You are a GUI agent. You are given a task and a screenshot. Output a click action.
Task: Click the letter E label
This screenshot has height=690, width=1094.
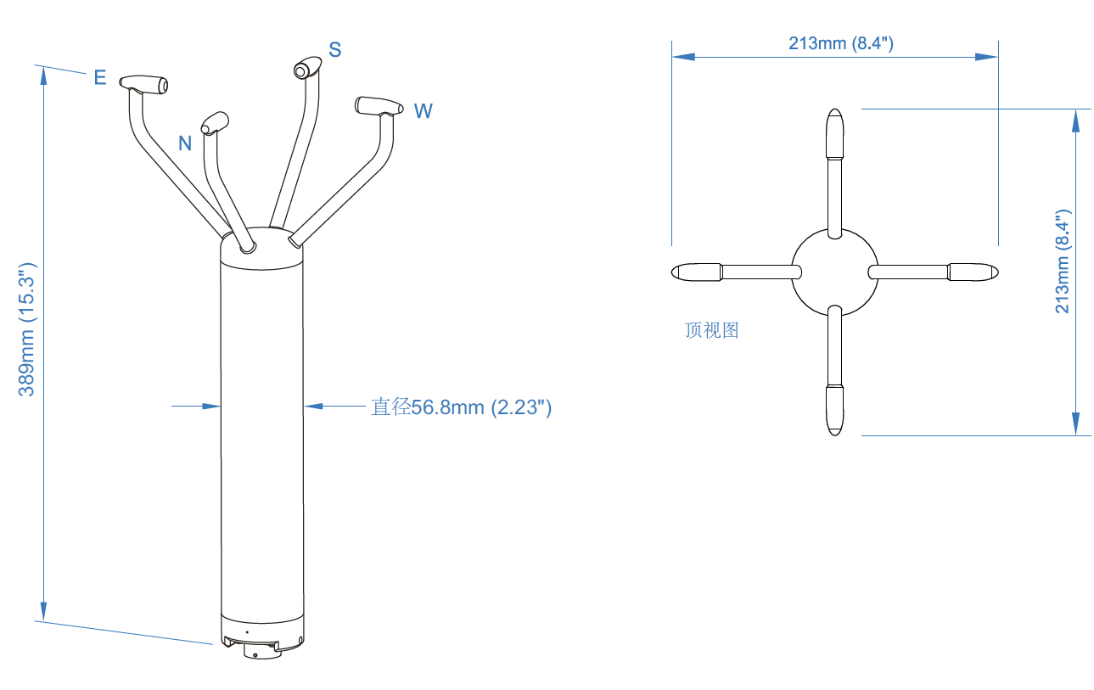(100, 78)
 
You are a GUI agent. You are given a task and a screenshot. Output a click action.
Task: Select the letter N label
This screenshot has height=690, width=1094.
(185, 143)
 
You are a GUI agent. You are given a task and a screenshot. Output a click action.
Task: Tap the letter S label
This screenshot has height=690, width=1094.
(335, 50)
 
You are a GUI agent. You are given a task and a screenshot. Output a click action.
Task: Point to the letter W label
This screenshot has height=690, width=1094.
(423, 111)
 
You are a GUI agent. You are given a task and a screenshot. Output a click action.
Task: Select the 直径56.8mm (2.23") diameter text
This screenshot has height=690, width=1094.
(461, 407)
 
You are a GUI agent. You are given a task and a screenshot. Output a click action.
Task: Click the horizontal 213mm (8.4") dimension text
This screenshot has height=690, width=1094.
(840, 43)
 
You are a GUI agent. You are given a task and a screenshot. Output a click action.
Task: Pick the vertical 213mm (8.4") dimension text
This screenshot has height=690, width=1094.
(1063, 262)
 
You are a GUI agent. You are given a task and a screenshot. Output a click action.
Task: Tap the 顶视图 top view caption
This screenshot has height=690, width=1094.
(711, 330)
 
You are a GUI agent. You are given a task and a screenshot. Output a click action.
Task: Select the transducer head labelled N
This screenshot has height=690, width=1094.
(215, 121)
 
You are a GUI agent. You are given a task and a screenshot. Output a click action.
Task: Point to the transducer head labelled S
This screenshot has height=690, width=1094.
(307, 68)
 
